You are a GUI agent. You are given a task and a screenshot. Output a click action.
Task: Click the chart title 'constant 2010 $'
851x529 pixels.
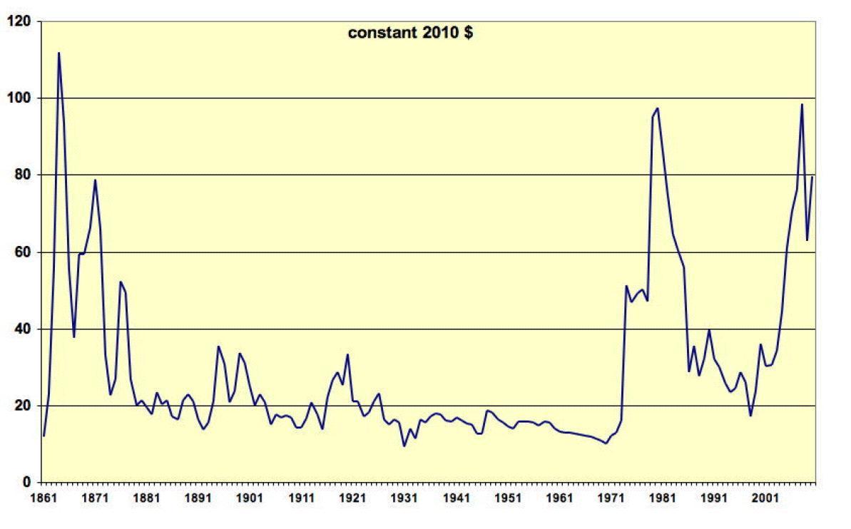pyautogui.click(x=409, y=33)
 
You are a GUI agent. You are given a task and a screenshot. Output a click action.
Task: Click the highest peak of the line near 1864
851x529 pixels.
pyautogui.click(x=58, y=53)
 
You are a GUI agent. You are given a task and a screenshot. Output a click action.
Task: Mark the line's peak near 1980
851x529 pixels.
pyautogui.click(x=657, y=108)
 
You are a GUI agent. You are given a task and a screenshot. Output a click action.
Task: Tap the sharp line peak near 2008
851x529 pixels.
pyautogui.click(x=802, y=105)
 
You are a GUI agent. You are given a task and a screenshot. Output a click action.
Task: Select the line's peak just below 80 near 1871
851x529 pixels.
pyautogui.click(x=95, y=180)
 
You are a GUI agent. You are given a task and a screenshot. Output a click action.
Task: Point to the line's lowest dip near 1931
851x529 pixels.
pyautogui.click(x=404, y=446)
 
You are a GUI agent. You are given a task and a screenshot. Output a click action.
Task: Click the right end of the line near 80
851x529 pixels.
pyautogui.click(x=812, y=177)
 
